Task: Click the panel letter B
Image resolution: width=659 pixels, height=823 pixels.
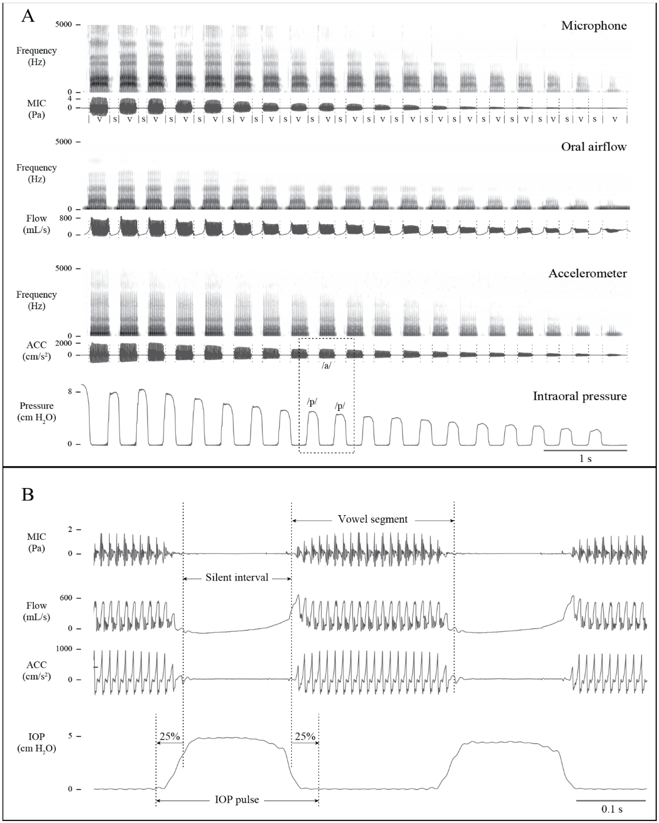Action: click(x=27, y=495)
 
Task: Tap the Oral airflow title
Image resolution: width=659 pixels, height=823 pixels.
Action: click(x=594, y=147)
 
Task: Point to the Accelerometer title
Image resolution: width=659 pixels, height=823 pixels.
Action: click(x=588, y=273)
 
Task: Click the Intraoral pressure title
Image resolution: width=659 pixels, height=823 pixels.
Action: click(x=579, y=396)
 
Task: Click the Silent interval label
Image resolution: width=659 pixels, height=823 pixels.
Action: click(x=237, y=578)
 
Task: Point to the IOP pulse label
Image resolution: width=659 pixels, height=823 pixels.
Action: click(x=237, y=800)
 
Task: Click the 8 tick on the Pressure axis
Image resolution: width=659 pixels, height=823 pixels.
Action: click(x=69, y=392)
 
